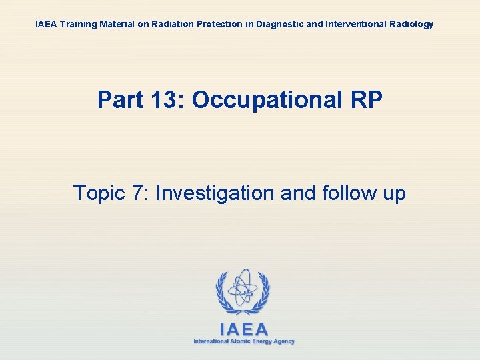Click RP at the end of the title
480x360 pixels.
(x=365, y=101)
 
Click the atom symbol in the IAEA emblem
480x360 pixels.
(x=242, y=288)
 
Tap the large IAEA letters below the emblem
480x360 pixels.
(x=243, y=329)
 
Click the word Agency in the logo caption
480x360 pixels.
(x=282, y=341)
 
